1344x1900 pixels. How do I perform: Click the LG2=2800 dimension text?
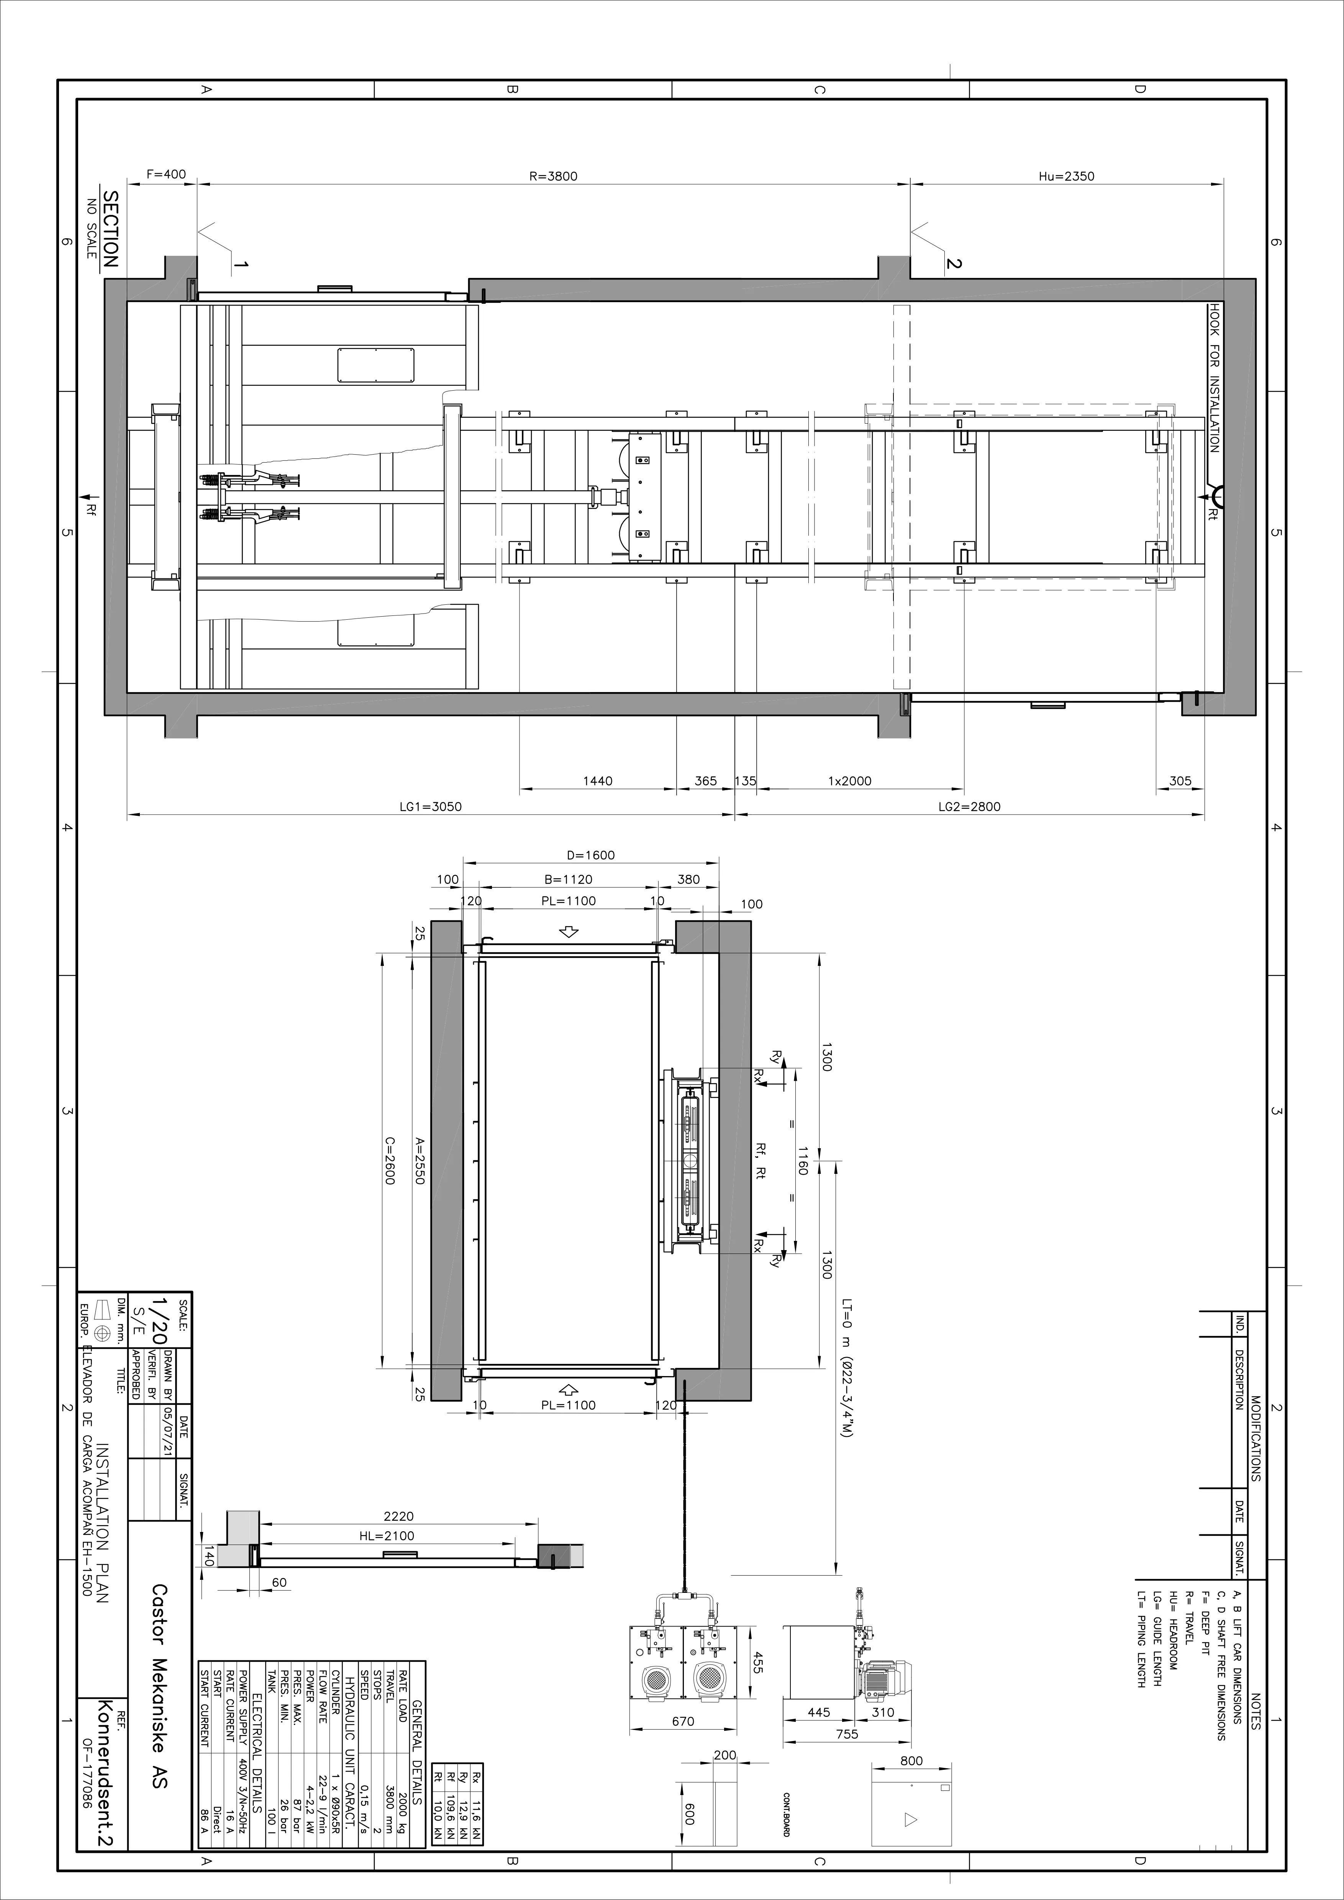coord(969,807)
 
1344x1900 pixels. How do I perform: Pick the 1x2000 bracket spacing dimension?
coord(850,781)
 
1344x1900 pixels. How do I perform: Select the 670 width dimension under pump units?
coord(683,1721)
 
